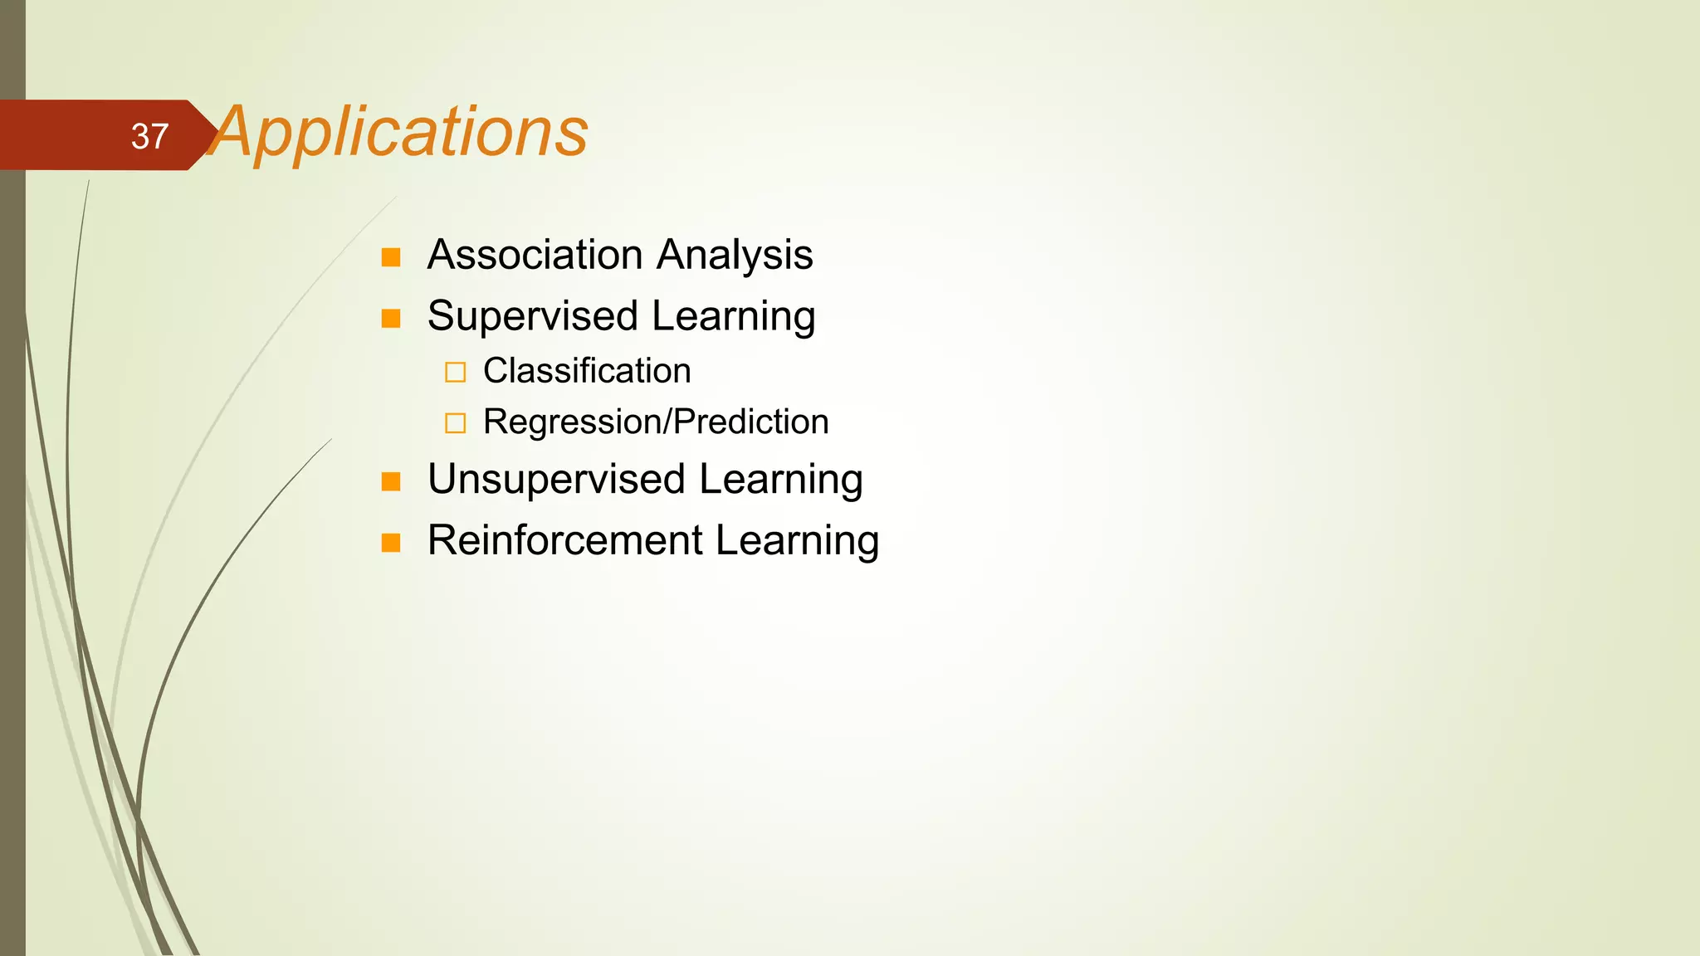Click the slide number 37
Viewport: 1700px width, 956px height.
coord(149,136)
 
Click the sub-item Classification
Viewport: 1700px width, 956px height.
coord(586,371)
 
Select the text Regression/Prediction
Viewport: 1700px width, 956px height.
coord(656,422)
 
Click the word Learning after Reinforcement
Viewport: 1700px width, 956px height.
coord(797,541)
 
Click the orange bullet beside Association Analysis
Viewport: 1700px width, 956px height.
coord(391,257)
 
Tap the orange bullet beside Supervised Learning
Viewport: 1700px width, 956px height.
coord(391,319)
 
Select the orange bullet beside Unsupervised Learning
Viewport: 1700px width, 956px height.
coord(391,481)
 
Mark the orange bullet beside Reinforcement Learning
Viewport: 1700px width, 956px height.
coord(391,543)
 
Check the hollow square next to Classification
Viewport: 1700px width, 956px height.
coord(455,372)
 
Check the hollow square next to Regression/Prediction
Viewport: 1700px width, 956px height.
coord(455,423)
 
